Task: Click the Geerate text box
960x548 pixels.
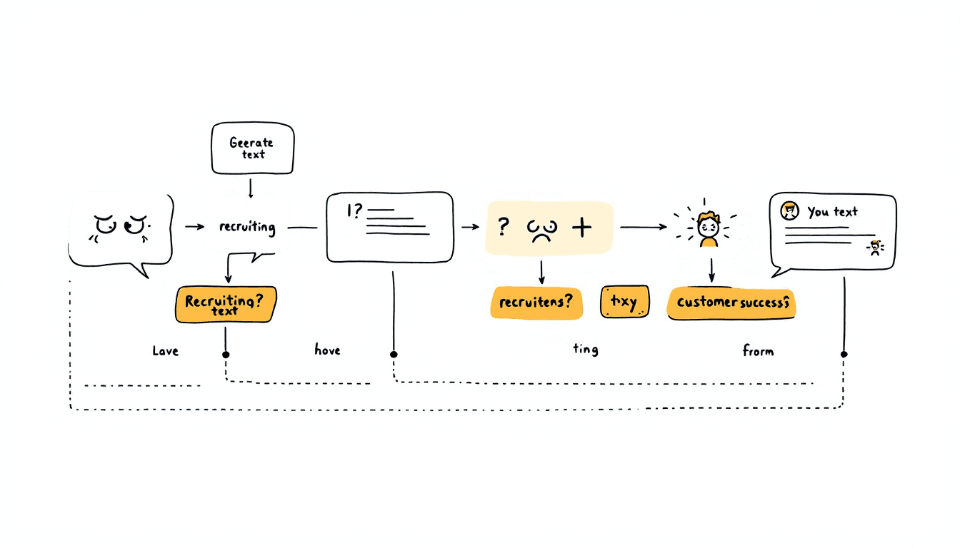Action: (253, 148)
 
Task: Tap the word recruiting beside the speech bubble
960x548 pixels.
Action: (247, 227)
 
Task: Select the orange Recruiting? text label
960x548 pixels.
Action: (224, 305)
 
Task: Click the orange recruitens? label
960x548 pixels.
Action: (536, 302)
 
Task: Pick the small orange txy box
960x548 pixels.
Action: (624, 302)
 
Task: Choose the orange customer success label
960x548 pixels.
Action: (731, 303)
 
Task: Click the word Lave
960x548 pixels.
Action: (166, 351)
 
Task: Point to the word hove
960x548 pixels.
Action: (327, 350)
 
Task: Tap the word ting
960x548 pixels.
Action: (586, 349)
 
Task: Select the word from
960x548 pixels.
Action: (757, 350)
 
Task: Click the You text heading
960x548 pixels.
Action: (832, 211)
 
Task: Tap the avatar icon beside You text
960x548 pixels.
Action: (789, 210)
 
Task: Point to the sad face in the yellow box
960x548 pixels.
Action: (541, 229)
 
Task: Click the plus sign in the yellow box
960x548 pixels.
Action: (583, 228)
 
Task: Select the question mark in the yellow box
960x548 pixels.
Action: (504, 227)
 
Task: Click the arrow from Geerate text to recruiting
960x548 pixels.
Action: (251, 188)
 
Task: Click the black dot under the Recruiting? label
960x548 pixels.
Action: (226, 354)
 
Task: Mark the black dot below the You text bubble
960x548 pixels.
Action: (844, 354)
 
